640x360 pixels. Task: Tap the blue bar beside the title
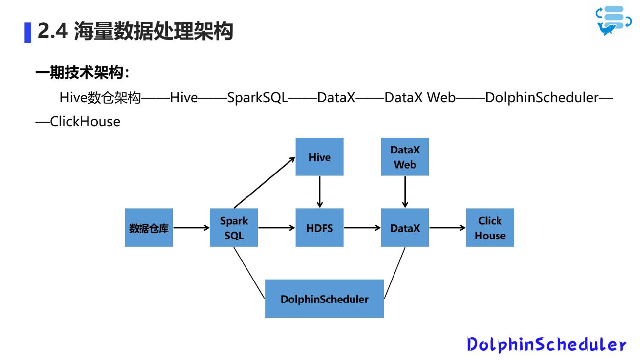28,33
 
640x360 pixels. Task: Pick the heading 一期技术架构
80,73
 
